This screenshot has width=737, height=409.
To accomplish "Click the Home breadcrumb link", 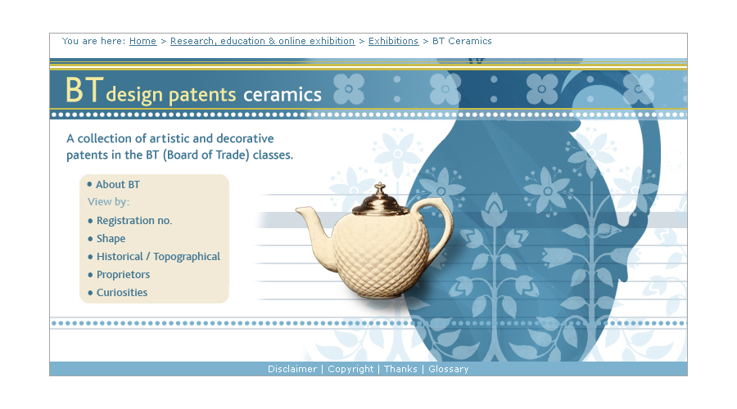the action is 142,41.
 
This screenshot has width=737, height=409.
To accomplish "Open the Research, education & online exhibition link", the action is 262,41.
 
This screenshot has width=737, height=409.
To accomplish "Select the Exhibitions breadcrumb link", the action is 393,41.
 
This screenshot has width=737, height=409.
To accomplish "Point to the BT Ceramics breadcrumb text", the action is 462,41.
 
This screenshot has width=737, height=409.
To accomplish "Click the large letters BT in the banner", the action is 84,90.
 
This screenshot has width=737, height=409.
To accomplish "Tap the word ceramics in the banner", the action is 283,95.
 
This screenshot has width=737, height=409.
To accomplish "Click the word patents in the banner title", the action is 202,95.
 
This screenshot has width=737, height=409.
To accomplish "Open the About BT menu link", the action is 118,185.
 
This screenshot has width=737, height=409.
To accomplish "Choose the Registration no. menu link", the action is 134,221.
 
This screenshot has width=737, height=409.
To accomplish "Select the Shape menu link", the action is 111,239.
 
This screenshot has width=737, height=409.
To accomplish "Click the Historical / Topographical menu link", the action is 158,256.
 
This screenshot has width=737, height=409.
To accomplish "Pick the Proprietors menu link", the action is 123,275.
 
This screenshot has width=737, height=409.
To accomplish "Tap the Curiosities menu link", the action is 122,293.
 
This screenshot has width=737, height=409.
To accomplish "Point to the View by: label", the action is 109,202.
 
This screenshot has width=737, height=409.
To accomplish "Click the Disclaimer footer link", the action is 292,369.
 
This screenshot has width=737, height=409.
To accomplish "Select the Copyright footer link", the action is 350,369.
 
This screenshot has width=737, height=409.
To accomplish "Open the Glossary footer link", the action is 449,369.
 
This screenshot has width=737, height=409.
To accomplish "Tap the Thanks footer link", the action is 400,369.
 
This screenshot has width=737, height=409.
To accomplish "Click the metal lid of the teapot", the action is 380,203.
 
